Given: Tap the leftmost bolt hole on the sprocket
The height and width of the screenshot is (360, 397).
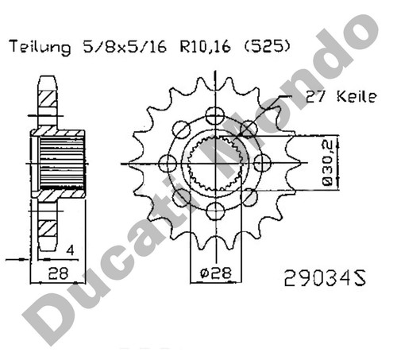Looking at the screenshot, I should [167, 162].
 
